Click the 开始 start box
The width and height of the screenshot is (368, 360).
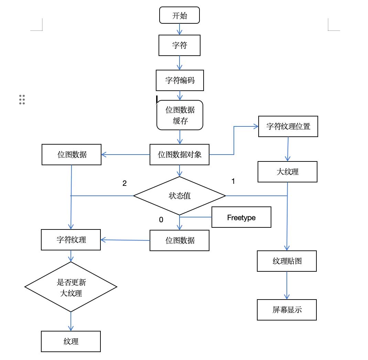click(180, 16)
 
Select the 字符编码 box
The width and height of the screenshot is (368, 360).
click(180, 80)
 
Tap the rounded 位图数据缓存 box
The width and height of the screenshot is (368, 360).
click(180, 115)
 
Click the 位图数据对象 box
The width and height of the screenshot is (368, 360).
click(180, 155)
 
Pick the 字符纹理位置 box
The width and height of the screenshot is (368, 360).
click(288, 126)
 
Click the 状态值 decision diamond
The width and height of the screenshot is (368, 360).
click(180, 196)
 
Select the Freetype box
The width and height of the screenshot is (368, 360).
click(241, 217)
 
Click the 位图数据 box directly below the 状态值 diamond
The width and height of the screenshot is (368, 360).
click(180, 240)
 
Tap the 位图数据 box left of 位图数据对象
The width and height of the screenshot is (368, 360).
click(72, 155)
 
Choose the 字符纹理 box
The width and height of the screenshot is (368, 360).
click(71, 240)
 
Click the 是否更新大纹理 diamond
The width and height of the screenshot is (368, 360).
click(71, 287)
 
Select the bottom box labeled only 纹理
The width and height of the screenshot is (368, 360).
click(71, 341)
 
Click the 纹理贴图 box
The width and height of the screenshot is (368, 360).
click(287, 261)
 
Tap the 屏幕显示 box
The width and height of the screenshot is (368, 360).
click(287, 310)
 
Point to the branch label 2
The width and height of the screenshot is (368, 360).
click(125, 183)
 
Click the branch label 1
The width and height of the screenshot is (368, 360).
click(233, 181)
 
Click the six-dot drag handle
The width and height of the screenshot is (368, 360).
click(22, 99)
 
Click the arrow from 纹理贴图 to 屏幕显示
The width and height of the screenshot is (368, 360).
click(287, 285)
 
